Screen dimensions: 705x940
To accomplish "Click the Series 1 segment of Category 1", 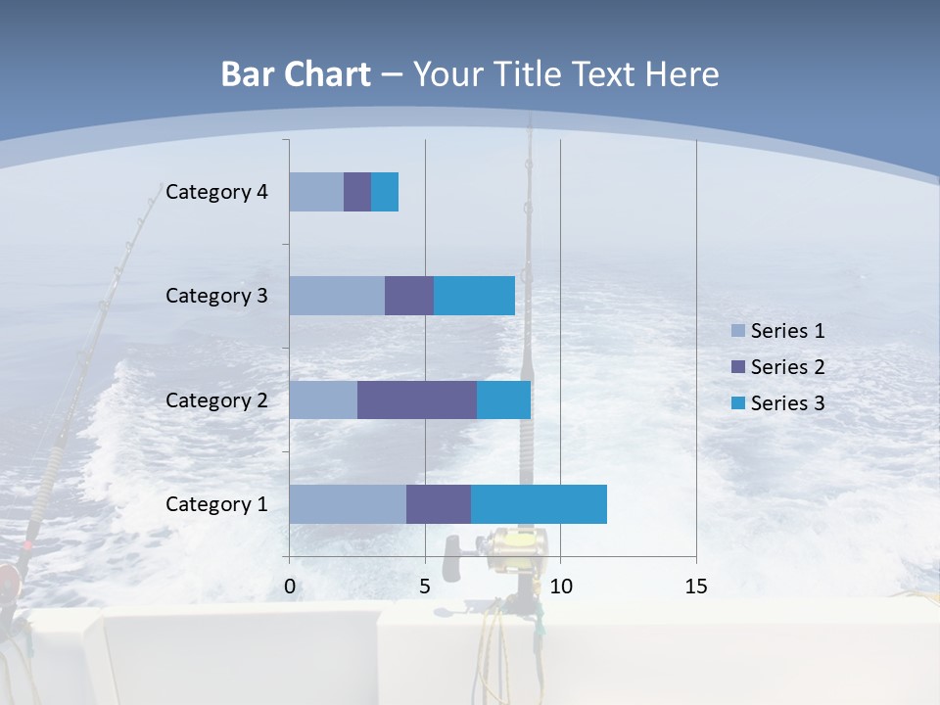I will click(347, 504).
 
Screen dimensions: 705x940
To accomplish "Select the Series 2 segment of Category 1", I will click(438, 504).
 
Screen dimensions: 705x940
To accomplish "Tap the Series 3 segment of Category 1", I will click(539, 504).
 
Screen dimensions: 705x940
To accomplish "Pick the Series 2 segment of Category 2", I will click(416, 399).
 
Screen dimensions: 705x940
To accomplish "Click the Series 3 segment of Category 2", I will click(503, 399).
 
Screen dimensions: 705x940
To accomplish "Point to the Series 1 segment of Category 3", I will click(336, 296).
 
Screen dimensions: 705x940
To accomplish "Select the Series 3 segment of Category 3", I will click(474, 296).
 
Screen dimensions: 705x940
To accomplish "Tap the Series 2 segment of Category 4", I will click(356, 192).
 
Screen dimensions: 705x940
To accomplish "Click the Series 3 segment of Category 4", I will click(385, 192).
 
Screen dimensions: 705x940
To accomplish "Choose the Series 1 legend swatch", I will click(738, 331).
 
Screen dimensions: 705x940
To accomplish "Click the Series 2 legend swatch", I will click(738, 367).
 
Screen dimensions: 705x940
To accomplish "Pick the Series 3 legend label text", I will click(787, 402).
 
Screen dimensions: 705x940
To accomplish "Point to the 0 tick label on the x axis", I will click(289, 587).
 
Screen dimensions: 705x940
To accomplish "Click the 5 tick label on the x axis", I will click(425, 587).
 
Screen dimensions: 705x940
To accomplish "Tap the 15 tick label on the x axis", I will click(695, 587).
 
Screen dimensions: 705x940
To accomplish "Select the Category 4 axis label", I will click(216, 192).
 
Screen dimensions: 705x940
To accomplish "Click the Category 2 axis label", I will click(216, 399).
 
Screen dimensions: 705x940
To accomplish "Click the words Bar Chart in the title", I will click(296, 74).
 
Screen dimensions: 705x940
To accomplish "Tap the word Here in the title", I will click(681, 74).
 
